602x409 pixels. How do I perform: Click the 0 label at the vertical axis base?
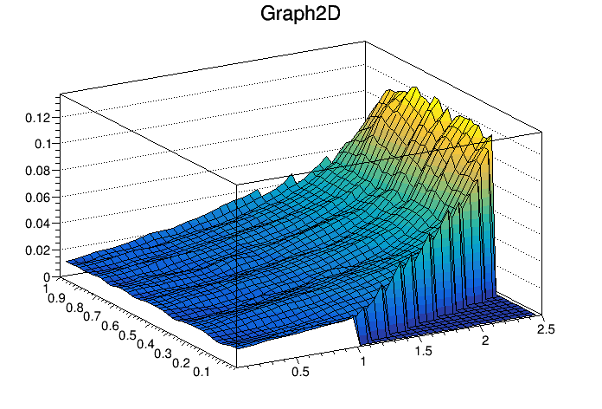point(50,276)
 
